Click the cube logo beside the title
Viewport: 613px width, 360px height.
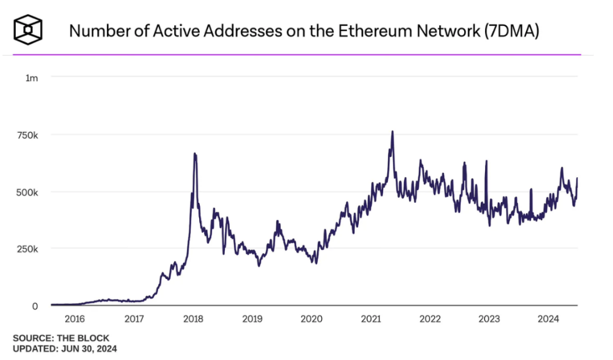click(x=28, y=29)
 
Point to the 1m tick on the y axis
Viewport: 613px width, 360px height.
click(x=32, y=78)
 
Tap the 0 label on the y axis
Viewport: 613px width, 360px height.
click(x=35, y=306)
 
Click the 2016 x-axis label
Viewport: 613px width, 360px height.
click(x=75, y=319)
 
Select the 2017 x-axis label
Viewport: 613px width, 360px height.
click(x=134, y=319)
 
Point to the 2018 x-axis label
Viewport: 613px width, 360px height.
click(x=194, y=319)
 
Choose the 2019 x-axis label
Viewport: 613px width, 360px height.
click(x=252, y=319)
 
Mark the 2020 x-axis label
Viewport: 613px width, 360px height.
click(x=311, y=319)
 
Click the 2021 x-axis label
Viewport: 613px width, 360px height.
click(x=371, y=319)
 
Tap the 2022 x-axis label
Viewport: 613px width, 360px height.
click(x=430, y=319)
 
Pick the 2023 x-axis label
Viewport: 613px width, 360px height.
click(x=489, y=319)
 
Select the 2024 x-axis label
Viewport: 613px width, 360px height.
click(x=548, y=319)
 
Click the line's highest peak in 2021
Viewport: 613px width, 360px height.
click(x=392, y=132)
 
